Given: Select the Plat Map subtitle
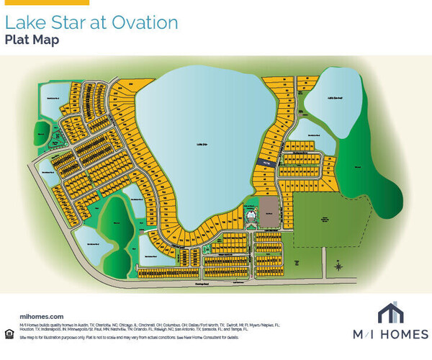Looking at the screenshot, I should click(32, 40).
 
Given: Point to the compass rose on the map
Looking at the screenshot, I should click(338, 266).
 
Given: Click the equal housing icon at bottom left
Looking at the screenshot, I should click(9, 332).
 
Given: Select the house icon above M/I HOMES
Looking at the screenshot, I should click(390, 312).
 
